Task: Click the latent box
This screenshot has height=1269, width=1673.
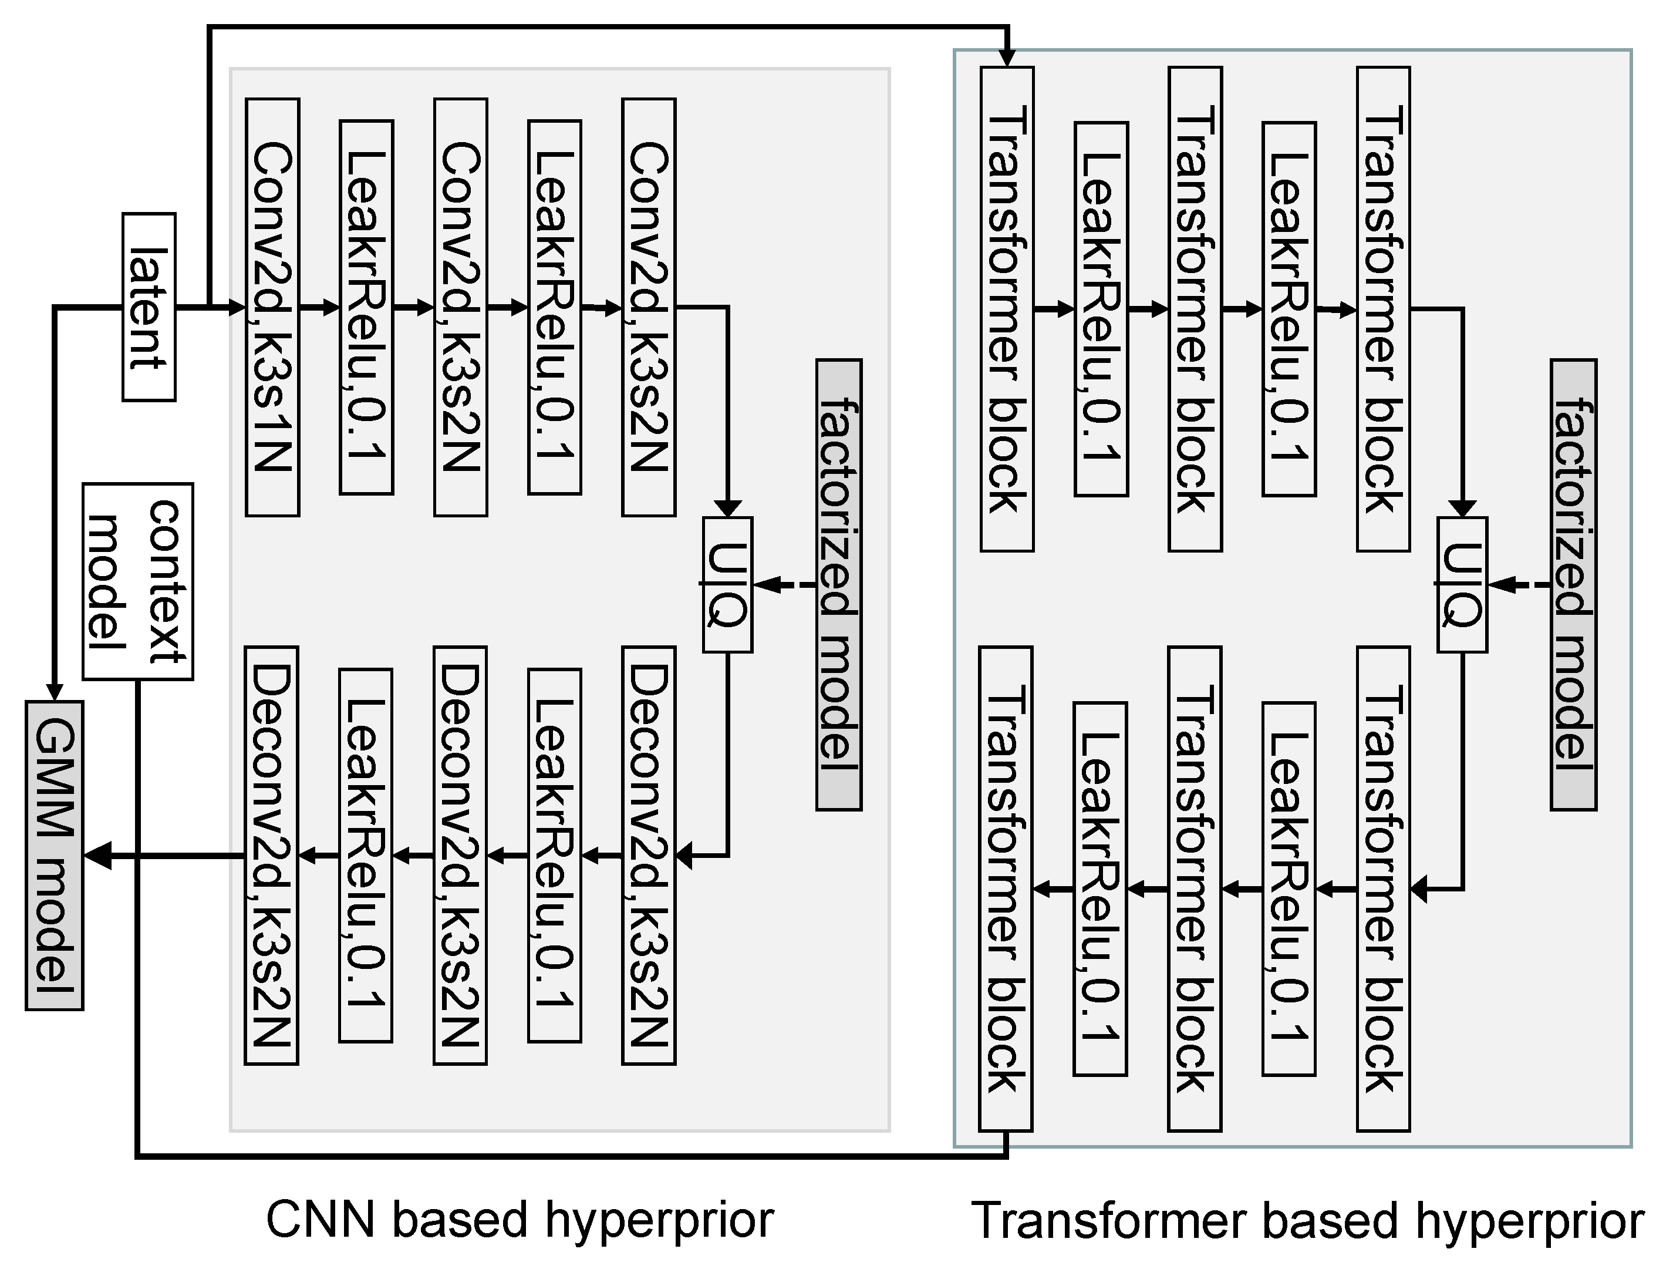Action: click(x=149, y=307)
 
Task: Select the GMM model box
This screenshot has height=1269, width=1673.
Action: click(x=55, y=855)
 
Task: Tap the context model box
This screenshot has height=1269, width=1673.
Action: click(x=137, y=581)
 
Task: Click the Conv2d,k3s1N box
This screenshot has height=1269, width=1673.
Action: click(x=272, y=307)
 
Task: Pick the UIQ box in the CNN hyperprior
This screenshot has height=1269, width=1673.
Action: click(x=727, y=584)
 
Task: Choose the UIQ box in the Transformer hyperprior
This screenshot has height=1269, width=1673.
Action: click(x=1462, y=584)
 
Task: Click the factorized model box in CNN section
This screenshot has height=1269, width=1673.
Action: click(x=839, y=584)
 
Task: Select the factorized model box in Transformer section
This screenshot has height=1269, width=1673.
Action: click(x=1573, y=584)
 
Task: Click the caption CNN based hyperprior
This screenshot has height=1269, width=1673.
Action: click(x=520, y=1220)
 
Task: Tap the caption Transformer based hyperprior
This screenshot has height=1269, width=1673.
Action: click(x=1307, y=1220)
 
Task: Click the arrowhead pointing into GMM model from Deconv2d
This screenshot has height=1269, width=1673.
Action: click(x=98, y=856)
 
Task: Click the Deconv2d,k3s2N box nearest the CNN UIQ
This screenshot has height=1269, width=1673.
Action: click(x=648, y=855)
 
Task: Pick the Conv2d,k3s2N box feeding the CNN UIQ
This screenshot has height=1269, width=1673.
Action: click(x=648, y=307)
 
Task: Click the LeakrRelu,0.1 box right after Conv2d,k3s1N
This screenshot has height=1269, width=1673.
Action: click(x=366, y=307)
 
